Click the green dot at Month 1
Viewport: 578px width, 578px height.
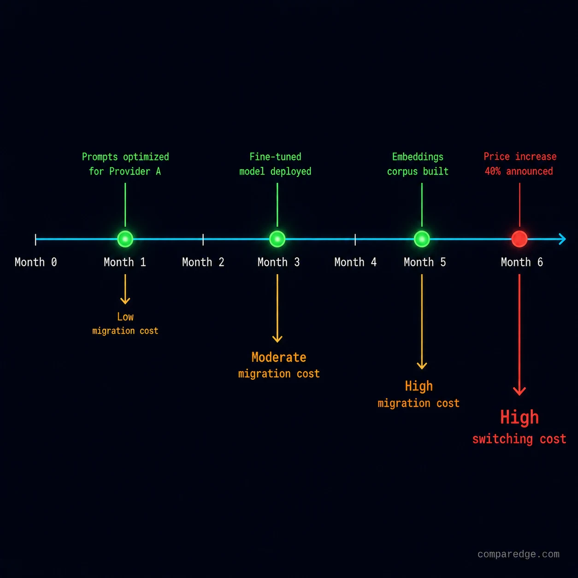pos(125,239)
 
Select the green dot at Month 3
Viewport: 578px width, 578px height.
pos(277,239)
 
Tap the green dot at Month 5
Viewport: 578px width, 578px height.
pos(422,239)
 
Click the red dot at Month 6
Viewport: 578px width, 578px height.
pos(519,239)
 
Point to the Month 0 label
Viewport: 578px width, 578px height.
pos(35,262)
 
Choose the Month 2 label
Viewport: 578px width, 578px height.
pos(203,262)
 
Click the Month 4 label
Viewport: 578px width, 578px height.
pos(355,262)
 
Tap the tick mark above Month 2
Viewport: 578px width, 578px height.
pos(203,240)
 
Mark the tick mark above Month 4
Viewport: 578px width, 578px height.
pos(355,240)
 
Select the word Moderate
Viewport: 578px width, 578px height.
pos(279,357)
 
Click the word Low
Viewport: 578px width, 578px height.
pos(125,317)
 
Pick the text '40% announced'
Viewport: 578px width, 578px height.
pos(519,171)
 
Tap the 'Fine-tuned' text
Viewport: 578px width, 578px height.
pos(275,157)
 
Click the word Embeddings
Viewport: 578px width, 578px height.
pos(418,157)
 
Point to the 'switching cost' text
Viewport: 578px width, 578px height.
pos(519,439)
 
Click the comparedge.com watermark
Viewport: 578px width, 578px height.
pos(519,554)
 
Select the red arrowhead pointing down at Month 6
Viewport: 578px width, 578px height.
pos(519,391)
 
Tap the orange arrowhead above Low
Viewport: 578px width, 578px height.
pos(125,301)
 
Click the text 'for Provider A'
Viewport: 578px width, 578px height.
pos(125,171)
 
